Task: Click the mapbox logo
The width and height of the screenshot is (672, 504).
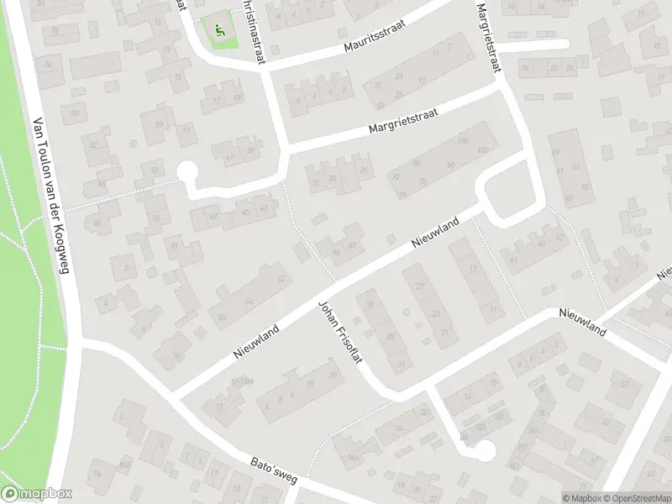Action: tap(36, 494)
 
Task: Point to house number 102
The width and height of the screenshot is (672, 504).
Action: tap(482, 150)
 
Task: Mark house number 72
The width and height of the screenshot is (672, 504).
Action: tap(396, 177)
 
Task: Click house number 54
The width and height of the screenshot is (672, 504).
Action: tap(249, 301)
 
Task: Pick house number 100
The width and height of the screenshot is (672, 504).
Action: tap(462, 141)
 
